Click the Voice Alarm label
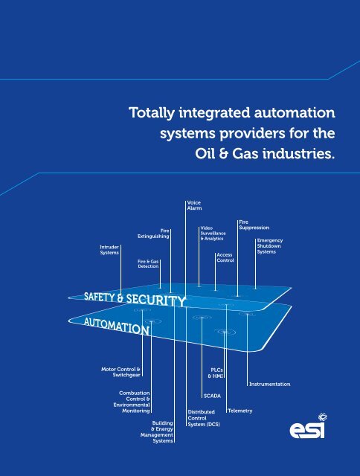coord(194,205)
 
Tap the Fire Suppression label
coord(254,225)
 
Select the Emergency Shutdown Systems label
coord(270,246)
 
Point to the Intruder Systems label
coord(109,250)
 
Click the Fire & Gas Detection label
coord(148,264)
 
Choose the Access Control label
coord(225,258)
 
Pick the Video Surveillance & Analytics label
coord(213,233)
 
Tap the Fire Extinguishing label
coord(153,234)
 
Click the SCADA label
coord(212,396)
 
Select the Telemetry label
coord(240,411)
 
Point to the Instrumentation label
coord(270,384)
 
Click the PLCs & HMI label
coord(216,373)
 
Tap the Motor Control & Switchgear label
coord(120,372)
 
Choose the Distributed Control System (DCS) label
coord(204,418)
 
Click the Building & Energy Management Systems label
coord(157,431)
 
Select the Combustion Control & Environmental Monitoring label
coord(132,402)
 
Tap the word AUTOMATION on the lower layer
coord(117,327)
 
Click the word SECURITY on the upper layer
coord(155,300)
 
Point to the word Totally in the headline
coord(152,113)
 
